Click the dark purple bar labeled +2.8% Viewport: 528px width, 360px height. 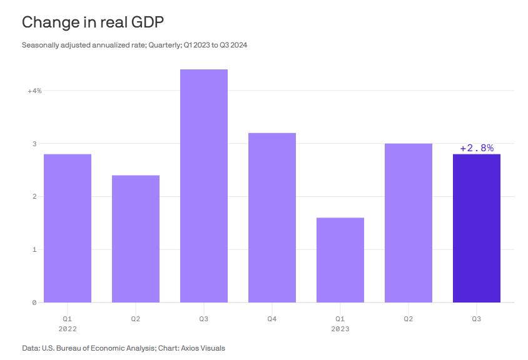476,228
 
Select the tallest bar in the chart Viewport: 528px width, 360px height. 204,186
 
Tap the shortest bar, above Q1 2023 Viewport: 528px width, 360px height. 340,260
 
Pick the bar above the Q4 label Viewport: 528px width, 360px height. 272,217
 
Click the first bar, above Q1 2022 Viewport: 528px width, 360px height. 68,228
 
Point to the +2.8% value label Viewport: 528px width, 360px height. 477,148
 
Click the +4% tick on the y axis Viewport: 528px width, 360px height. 34,91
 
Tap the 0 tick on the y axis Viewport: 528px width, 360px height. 34,303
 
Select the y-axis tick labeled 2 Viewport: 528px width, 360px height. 34,197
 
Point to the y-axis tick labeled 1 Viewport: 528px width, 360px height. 34,250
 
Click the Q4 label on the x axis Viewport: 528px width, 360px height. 272,319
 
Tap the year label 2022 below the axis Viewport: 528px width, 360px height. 68,329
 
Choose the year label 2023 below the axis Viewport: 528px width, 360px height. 340,329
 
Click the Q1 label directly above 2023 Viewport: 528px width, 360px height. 340,319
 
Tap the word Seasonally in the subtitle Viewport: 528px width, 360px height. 39,45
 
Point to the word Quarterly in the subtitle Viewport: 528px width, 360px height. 165,45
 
